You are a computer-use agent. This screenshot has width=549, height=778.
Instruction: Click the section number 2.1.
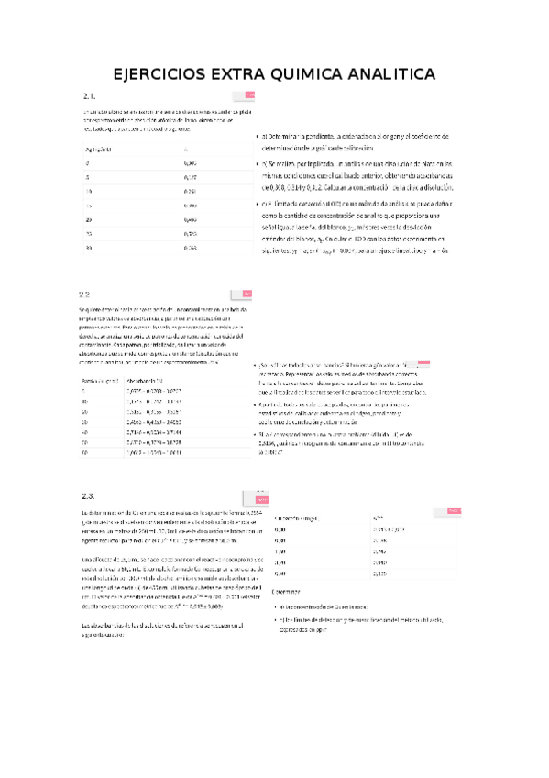click(90, 97)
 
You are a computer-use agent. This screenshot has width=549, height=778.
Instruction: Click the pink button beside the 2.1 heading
click(243, 95)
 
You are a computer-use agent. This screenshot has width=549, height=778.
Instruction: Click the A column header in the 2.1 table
click(186, 149)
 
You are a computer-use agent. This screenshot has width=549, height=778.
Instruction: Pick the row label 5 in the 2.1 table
click(86, 176)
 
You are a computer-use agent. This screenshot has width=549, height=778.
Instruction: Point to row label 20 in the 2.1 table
click(87, 219)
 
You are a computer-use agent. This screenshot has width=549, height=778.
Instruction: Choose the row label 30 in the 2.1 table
click(87, 248)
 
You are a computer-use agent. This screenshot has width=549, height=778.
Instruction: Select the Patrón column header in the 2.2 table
click(96, 380)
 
